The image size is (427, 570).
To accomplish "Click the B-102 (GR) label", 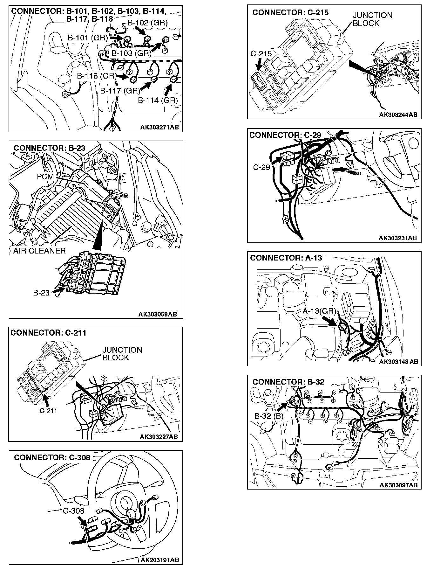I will coord(147,23).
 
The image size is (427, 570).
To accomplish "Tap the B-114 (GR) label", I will coord(158,101).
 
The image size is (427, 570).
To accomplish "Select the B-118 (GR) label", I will coord(96,76).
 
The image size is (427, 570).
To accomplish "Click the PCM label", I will coord(45,176).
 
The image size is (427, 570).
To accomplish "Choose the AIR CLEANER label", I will coord(39,251).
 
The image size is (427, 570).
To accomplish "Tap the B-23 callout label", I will coord(41,292).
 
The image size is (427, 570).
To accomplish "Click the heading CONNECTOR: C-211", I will coord(48,333).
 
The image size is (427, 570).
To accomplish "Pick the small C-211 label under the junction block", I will coord(48,411).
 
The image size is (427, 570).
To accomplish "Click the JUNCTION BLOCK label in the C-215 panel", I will coord(372,19).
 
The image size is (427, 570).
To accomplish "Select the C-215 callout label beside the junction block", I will coord(261,54).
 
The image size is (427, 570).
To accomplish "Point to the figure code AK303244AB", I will coord(398,115).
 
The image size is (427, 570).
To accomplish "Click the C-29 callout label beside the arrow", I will coord(261,167).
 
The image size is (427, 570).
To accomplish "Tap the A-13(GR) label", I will coord(319,311).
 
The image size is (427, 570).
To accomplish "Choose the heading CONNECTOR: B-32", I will coord(288,382).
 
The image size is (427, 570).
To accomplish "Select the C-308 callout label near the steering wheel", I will coord(73,511).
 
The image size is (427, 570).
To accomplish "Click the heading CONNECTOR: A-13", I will coord(286,258).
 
